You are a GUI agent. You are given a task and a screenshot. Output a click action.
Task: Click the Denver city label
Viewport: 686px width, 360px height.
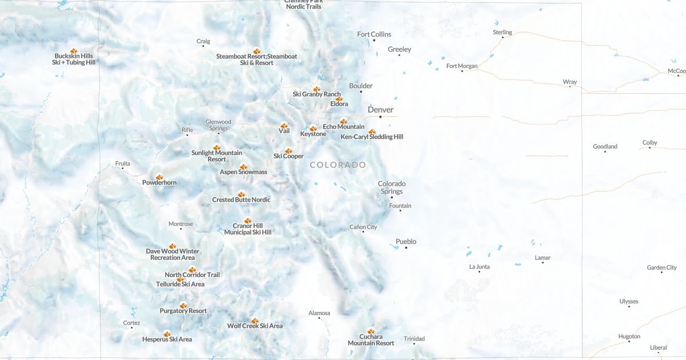(380, 110)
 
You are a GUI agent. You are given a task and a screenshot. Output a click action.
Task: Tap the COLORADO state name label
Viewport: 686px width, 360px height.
(338, 165)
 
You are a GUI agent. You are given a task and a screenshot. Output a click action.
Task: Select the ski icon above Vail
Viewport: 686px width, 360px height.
(284, 125)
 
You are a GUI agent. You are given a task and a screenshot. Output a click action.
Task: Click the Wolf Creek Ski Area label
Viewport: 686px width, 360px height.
(255, 326)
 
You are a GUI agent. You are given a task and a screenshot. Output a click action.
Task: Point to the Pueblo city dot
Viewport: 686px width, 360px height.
(406, 247)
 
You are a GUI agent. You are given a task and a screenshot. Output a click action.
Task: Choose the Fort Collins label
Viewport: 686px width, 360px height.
(374, 34)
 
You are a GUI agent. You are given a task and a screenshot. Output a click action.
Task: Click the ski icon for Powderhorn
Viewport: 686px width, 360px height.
(159, 177)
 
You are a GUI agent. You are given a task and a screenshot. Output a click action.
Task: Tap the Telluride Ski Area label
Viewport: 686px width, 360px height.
(180, 284)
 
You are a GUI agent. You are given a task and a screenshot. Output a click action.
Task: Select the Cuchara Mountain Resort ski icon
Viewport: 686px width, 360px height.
(371, 331)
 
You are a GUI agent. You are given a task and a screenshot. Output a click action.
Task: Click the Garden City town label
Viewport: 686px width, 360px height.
(661, 267)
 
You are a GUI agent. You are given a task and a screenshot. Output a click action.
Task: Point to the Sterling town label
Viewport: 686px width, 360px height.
(502, 32)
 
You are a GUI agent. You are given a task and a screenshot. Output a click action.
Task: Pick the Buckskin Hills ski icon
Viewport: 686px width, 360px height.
(74, 50)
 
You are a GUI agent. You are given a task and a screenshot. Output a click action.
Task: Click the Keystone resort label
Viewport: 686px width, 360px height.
(313, 134)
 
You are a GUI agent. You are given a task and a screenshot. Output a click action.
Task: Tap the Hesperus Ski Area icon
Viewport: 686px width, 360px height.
(167, 333)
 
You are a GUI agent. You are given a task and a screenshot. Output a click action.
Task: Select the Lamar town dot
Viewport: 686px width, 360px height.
(543, 262)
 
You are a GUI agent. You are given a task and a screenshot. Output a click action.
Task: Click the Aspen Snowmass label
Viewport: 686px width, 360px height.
(244, 172)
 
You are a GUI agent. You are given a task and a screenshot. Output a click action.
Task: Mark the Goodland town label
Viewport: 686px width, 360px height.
(605, 146)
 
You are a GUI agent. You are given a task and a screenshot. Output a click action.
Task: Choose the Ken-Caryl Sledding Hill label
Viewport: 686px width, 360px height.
(372, 137)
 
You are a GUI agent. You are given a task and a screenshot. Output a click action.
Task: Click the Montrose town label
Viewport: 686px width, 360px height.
(181, 224)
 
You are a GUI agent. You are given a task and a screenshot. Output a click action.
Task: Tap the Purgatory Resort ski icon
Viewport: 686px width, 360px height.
(183, 305)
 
